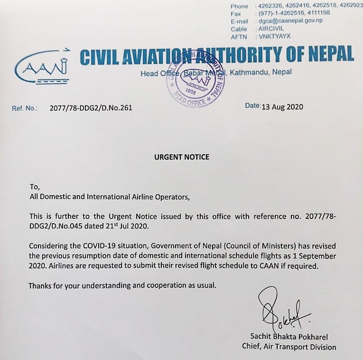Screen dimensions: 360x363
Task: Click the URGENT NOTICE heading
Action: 182,157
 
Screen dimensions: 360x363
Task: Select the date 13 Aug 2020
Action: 282,107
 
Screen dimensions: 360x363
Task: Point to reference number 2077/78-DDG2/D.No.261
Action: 91,108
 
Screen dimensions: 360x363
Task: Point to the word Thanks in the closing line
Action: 40,286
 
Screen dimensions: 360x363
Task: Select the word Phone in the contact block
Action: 239,6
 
